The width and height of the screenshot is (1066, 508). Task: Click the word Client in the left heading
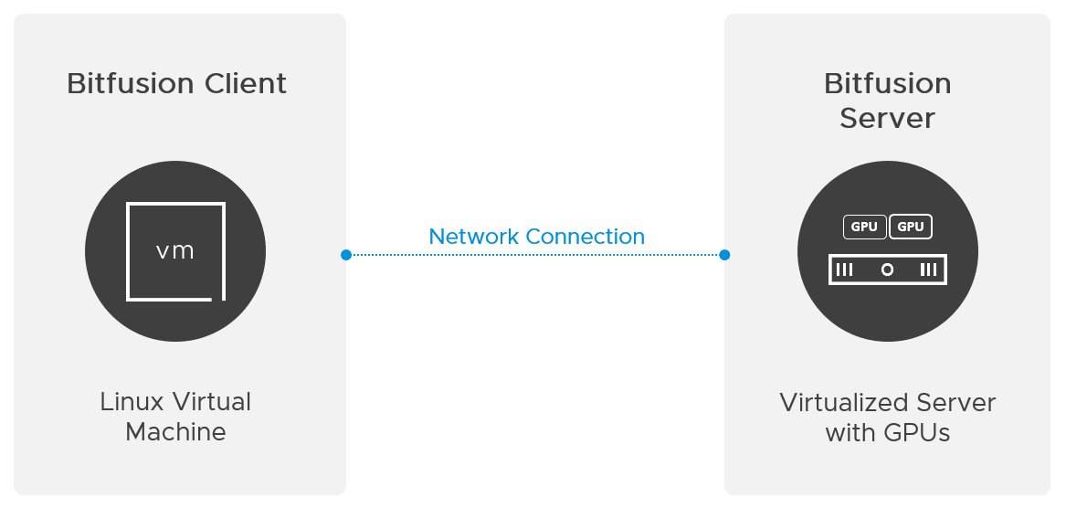pos(246,84)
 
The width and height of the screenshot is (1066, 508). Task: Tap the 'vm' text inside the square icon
pos(175,251)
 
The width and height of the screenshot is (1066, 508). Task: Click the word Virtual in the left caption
pos(212,402)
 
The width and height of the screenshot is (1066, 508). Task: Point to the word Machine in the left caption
pos(175,432)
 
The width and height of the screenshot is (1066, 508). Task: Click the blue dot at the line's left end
pos(346,255)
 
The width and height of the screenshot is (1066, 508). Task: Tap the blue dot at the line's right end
pos(724,255)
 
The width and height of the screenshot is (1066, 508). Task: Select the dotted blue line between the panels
pos(535,255)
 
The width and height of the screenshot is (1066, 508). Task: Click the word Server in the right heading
pos(887,119)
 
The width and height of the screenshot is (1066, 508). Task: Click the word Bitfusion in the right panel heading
pos(887,84)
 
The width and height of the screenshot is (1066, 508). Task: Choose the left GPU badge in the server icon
pos(864,227)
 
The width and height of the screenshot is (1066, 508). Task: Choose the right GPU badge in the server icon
pos(911,227)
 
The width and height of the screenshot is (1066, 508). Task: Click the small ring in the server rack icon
pos(887,270)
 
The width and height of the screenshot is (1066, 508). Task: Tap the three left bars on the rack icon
pos(845,270)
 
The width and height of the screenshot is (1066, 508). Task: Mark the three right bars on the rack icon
pos(929,270)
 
